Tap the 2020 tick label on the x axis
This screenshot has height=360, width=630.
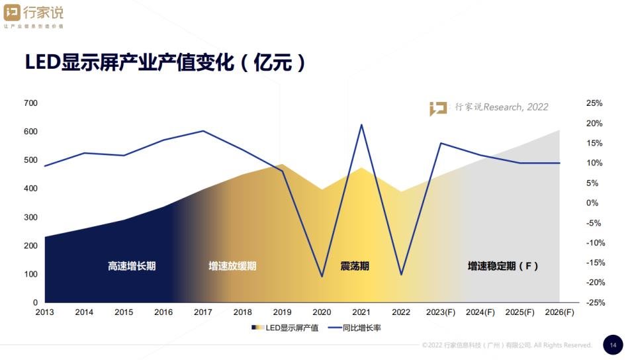tap(322, 312)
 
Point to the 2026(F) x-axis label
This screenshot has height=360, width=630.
tap(559, 312)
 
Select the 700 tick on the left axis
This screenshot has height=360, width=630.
tap(31, 103)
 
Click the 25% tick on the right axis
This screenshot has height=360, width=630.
tap(594, 103)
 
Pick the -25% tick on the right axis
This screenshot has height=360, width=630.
tap(594, 302)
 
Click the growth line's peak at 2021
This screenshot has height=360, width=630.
tap(361, 124)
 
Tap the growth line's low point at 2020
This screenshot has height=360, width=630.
tap(322, 276)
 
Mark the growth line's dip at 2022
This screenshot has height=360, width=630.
tap(401, 275)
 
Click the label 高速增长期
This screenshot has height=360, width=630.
tap(132, 266)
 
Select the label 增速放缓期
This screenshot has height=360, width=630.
tap(232, 266)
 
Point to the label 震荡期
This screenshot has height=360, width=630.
tap(355, 266)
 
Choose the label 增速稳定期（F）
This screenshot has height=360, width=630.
tap(503, 266)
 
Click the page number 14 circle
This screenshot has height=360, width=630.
tap(613, 345)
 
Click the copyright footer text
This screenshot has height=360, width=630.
tap(507, 345)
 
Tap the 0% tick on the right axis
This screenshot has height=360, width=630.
tap(594, 203)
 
